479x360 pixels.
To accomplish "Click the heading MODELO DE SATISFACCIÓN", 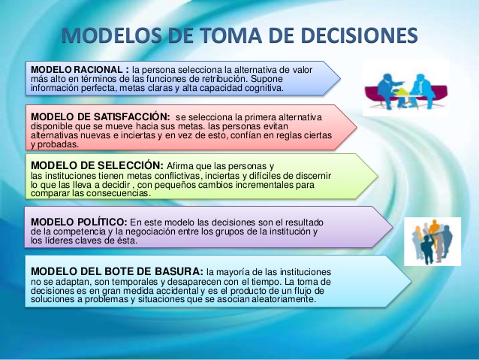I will [x=98, y=117].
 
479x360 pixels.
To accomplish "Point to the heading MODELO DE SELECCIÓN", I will [x=95, y=165].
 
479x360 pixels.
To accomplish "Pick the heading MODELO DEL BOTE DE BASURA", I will [x=116, y=271].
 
